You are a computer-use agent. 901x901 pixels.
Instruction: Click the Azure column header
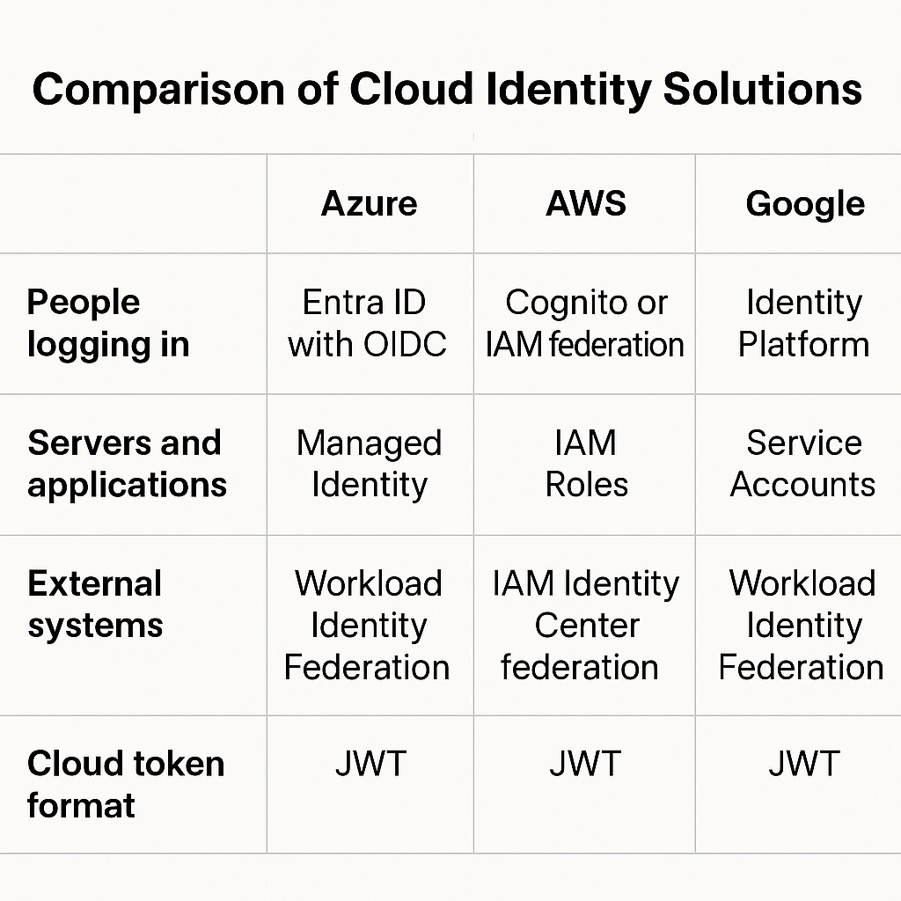[369, 203]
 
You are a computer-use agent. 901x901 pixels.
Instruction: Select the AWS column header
[585, 203]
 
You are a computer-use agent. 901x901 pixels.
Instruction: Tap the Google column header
[805, 205]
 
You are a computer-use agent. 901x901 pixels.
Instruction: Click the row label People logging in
[108, 324]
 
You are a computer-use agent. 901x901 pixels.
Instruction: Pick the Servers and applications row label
[127, 464]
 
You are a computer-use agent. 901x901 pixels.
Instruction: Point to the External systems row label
[95, 604]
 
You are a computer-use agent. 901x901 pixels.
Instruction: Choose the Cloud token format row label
[126, 784]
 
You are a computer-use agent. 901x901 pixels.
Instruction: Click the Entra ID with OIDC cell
[367, 324]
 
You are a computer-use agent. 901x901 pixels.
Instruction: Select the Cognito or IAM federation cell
[585, 324]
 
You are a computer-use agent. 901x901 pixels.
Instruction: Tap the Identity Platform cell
[804, 324]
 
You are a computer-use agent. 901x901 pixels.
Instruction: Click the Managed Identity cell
[370, 465]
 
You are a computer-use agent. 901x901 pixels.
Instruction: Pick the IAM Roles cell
[586, 464]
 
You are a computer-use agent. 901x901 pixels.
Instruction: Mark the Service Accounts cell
[802, 464]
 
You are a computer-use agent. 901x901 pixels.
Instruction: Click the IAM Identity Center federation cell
[585, 626]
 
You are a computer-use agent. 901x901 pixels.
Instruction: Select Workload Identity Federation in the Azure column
[367, 626]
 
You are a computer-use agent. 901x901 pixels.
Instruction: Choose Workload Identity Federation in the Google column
[802, 626]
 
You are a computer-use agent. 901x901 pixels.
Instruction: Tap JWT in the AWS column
[585, 764]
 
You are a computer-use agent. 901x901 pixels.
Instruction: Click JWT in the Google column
[804, 764]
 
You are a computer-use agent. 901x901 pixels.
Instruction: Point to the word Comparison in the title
[158, 91]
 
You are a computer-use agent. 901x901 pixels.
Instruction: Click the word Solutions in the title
[763, 89]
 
